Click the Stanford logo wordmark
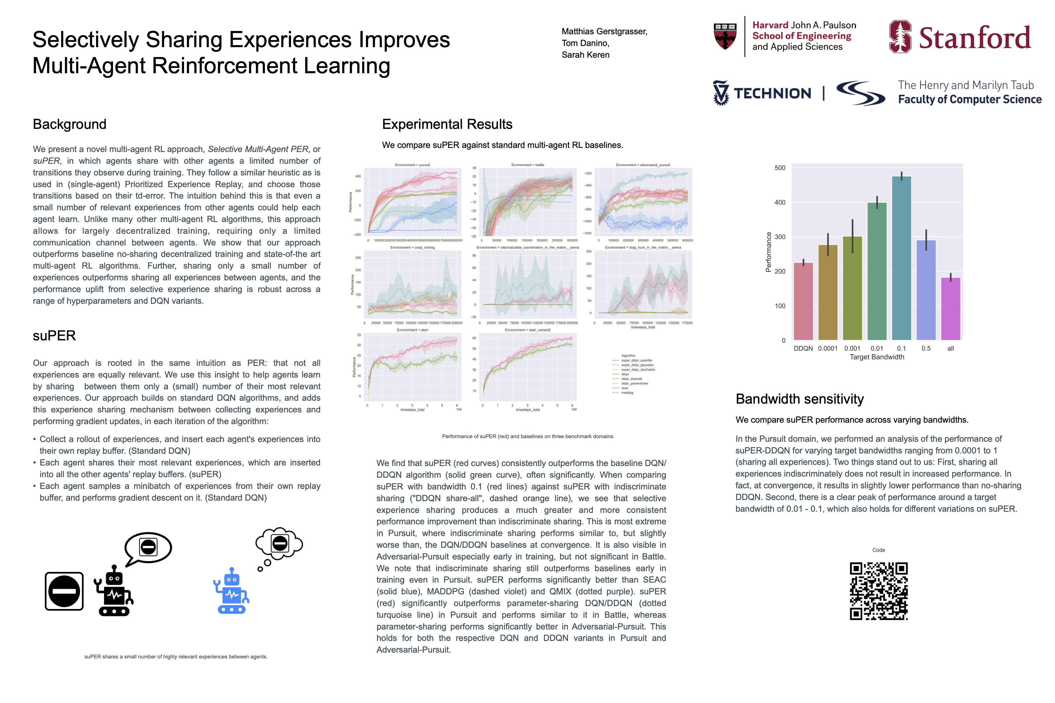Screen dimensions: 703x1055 tap(974, 38)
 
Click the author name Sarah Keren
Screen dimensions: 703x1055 tap(585, 55)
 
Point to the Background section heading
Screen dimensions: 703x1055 tap(69, 124)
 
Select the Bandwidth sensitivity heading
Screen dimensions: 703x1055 tap(799, 399)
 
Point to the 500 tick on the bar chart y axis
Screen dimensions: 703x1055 tap(780, 168)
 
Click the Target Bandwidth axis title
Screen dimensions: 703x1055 tap(877, 357)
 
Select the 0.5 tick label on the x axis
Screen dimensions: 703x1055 tap(926, 348)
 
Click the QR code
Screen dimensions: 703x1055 tap(878, 591)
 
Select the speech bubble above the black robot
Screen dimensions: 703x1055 tap(148, 547)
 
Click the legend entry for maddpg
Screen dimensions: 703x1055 tap(627, 393)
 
